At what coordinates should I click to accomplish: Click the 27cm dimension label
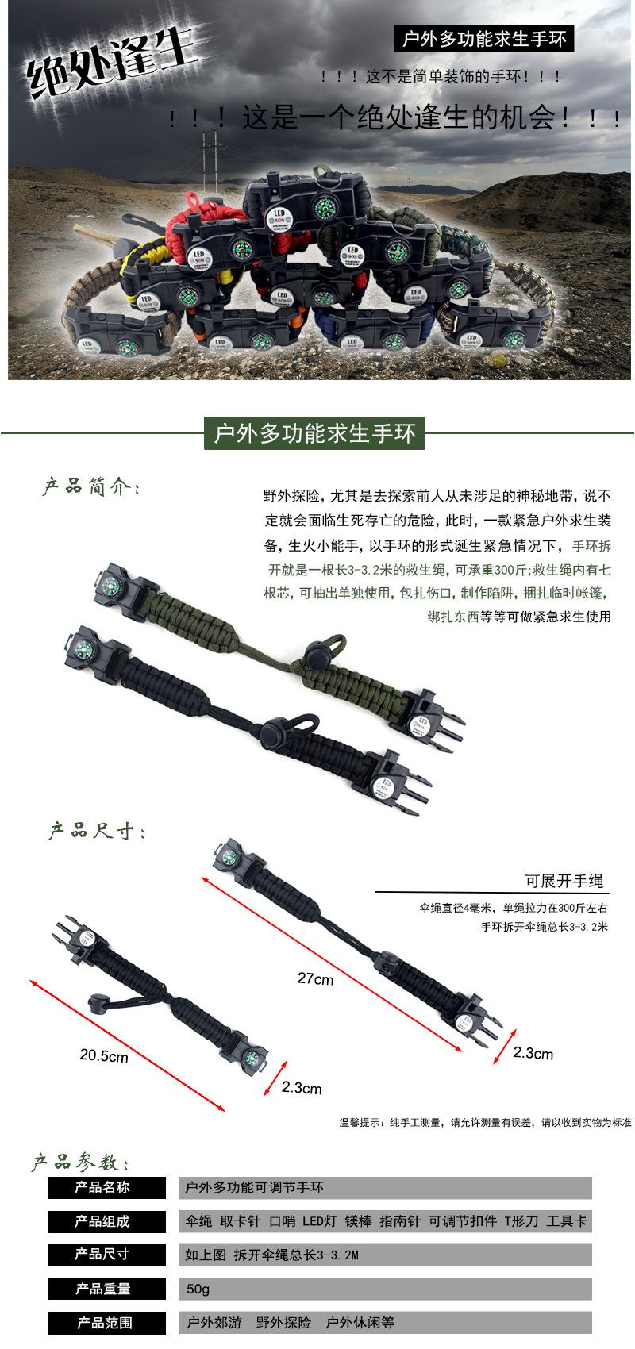[315, 978]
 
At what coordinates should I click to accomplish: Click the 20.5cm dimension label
[103, 1055]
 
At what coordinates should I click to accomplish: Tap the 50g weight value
[198, 1289]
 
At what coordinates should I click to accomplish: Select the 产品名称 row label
[102, 1187]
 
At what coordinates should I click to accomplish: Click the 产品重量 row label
[102, 1289]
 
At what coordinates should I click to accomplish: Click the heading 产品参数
[79, 1163]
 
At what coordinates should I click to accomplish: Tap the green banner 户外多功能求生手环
[314, 434]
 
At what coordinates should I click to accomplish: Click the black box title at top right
[484, 38]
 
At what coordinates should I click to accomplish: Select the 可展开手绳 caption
[564, 881]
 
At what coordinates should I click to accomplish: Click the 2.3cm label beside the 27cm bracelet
[533, 1053]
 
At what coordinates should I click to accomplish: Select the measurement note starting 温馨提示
[485, 1122]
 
